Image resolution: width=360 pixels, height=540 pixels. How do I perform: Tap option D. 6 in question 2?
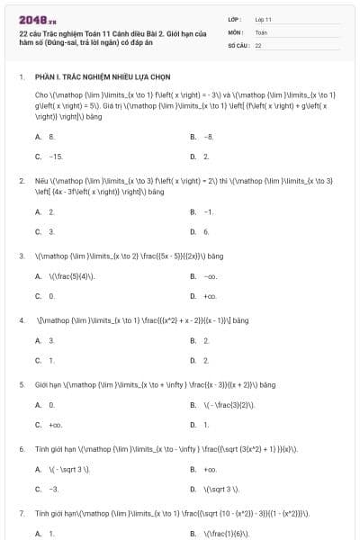[200, 231]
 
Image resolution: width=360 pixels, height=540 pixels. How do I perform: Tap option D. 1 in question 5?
[200, 424]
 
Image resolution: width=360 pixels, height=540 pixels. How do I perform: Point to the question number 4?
[21, 320]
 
